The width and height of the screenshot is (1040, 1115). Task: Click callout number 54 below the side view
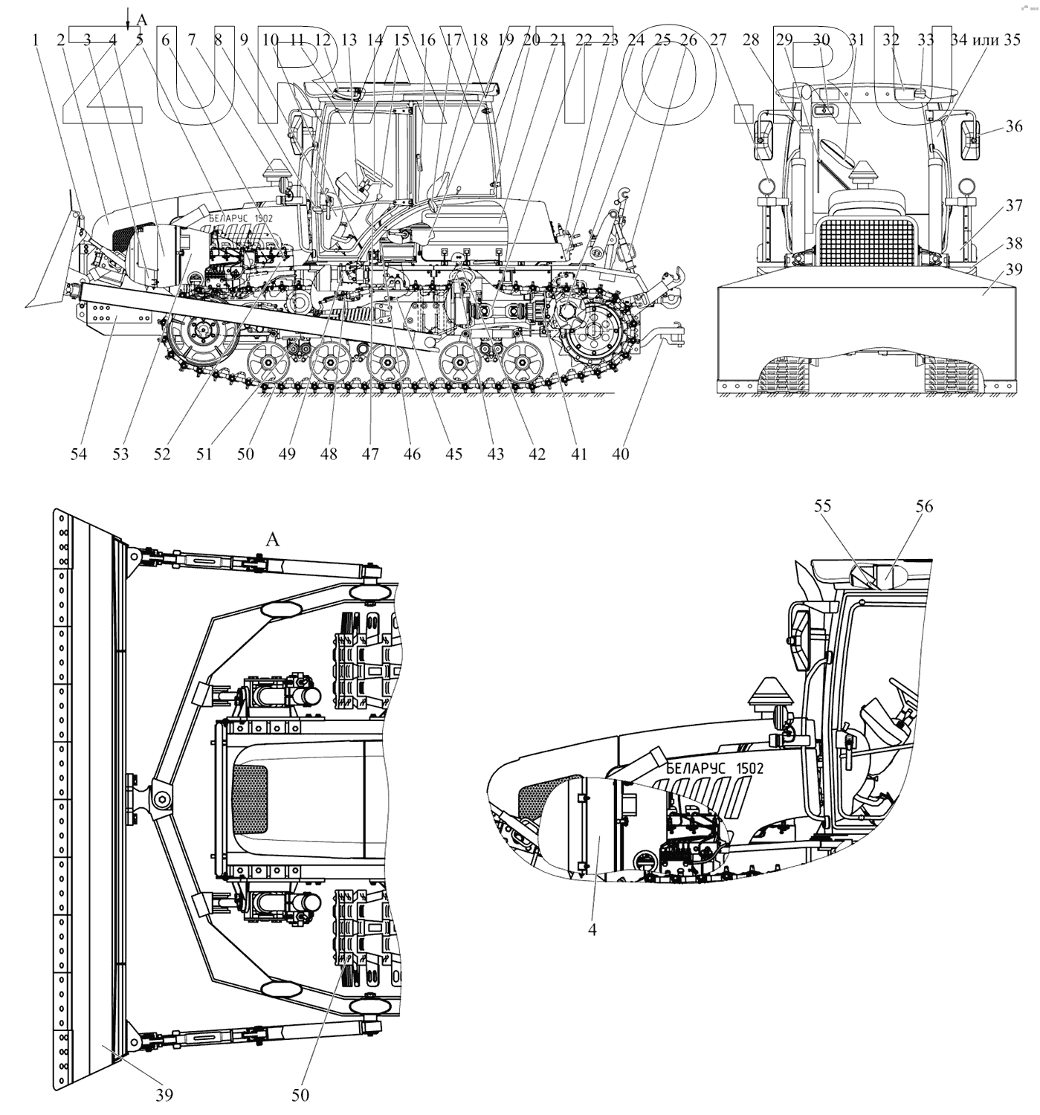[x=78, y=453]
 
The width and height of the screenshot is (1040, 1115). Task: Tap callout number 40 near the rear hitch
[x=621, y=453]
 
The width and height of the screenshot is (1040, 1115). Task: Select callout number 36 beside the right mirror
[x=1014, y=126]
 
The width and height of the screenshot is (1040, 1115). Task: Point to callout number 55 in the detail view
[x=822, y=506]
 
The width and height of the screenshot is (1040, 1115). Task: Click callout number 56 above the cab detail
[x=924, y=506]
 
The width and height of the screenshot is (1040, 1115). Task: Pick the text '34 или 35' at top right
[x=986, y=40]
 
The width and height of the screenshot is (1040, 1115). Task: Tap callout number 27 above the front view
[x=717, y=40]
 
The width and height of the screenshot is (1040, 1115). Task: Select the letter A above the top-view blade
[x=273, y=540]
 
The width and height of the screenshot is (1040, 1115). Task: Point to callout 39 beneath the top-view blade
[x=164, y=1095]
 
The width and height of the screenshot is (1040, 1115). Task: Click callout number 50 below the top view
[x=300, y=1095]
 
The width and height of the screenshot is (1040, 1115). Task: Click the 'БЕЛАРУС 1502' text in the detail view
[x=714, y=769]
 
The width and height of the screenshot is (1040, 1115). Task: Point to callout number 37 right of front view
[x=1014, y=206]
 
